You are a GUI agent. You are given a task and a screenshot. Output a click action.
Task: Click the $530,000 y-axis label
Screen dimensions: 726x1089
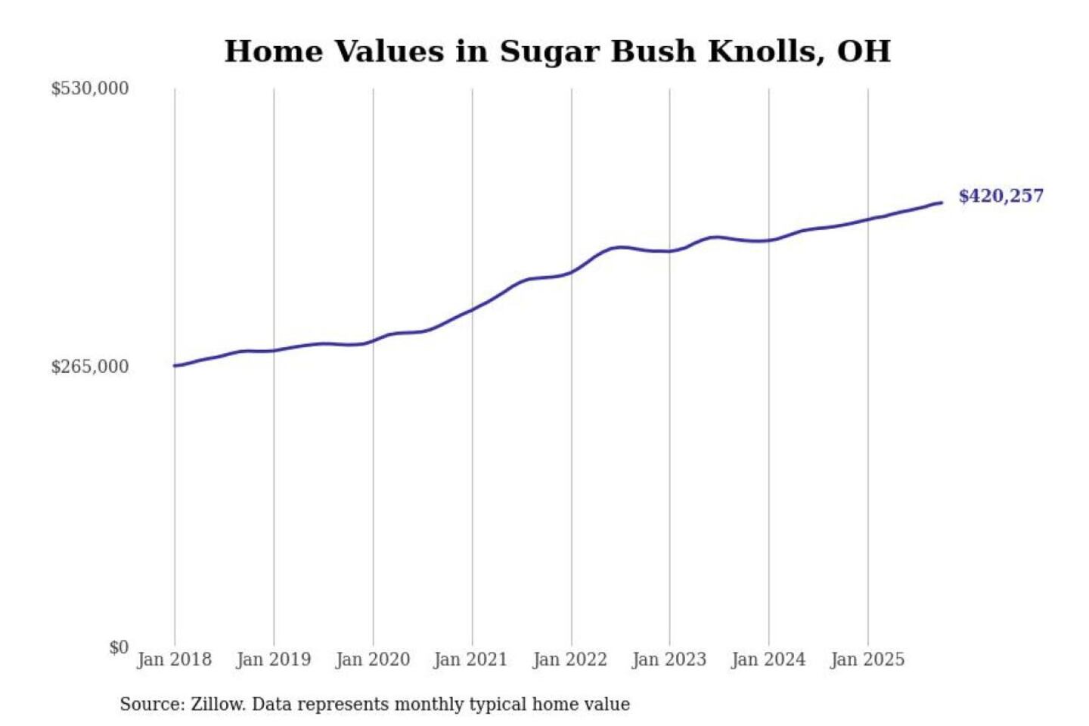tap(90, 88)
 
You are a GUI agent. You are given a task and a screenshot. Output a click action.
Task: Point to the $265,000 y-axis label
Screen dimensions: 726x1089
tap(90, 367)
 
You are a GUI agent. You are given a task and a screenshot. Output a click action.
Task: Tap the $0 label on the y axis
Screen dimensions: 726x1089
tap(119, 647)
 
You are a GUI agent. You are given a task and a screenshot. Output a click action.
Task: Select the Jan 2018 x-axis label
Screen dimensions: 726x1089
tap(174, 659)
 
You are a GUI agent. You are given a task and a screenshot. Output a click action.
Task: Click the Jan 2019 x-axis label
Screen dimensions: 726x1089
tap(273, 659)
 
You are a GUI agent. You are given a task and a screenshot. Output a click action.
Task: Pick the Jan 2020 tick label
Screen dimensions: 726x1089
tap(372, 659)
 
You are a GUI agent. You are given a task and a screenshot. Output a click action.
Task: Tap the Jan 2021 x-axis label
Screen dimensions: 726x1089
tap(470, 659)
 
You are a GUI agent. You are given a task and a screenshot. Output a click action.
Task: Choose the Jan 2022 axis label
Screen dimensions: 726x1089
tap(569, 659)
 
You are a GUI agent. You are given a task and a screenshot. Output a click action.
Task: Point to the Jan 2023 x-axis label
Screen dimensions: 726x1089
tap(669, 659)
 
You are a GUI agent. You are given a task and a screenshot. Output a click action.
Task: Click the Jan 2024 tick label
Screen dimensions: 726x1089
tap(768, 659)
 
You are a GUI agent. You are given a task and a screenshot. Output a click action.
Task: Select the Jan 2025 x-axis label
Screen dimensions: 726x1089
tap(867, 659)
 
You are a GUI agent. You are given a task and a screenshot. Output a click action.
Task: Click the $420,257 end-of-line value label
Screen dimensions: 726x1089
tap(1001, 196)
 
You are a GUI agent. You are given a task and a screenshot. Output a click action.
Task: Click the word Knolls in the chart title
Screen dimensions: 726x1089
tap(765, 51)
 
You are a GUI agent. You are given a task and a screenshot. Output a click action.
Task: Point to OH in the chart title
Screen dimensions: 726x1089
tap(864, 51)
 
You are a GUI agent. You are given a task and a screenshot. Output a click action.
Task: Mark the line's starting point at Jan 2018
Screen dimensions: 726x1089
tap(175, 366)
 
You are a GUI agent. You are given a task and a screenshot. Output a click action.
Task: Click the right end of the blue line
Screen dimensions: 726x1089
tap(942, 202)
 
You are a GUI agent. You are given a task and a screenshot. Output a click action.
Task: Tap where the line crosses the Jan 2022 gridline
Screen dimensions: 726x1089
tap(572, 271)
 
